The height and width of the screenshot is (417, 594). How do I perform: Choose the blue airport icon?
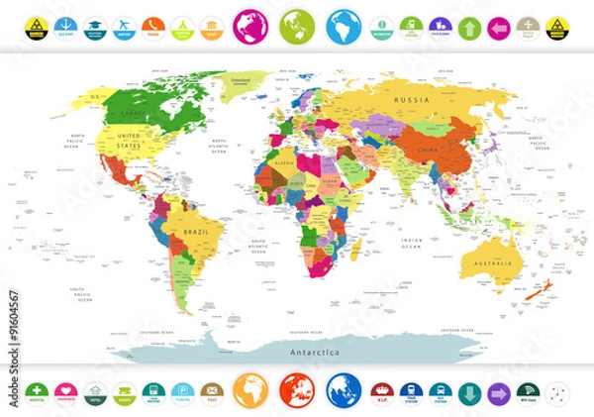tap(125, 27)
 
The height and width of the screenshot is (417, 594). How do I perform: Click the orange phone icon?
tap(153, 27)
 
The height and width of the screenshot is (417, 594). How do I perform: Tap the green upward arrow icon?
tap(469, 27)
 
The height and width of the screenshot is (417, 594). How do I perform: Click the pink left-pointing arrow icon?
tap(498, 27)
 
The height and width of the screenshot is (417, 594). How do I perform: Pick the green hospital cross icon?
tap(39, 391)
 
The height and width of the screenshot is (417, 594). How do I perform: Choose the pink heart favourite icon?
tap(67, 391)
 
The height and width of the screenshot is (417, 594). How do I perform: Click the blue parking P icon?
tap(182, 391)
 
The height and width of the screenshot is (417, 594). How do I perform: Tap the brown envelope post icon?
tap(211, 391)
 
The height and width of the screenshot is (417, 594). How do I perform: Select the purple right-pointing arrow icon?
tap(498, 391)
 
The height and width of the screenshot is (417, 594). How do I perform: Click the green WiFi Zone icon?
tap(527, 391)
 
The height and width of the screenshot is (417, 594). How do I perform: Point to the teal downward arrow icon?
tap(469, 391)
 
